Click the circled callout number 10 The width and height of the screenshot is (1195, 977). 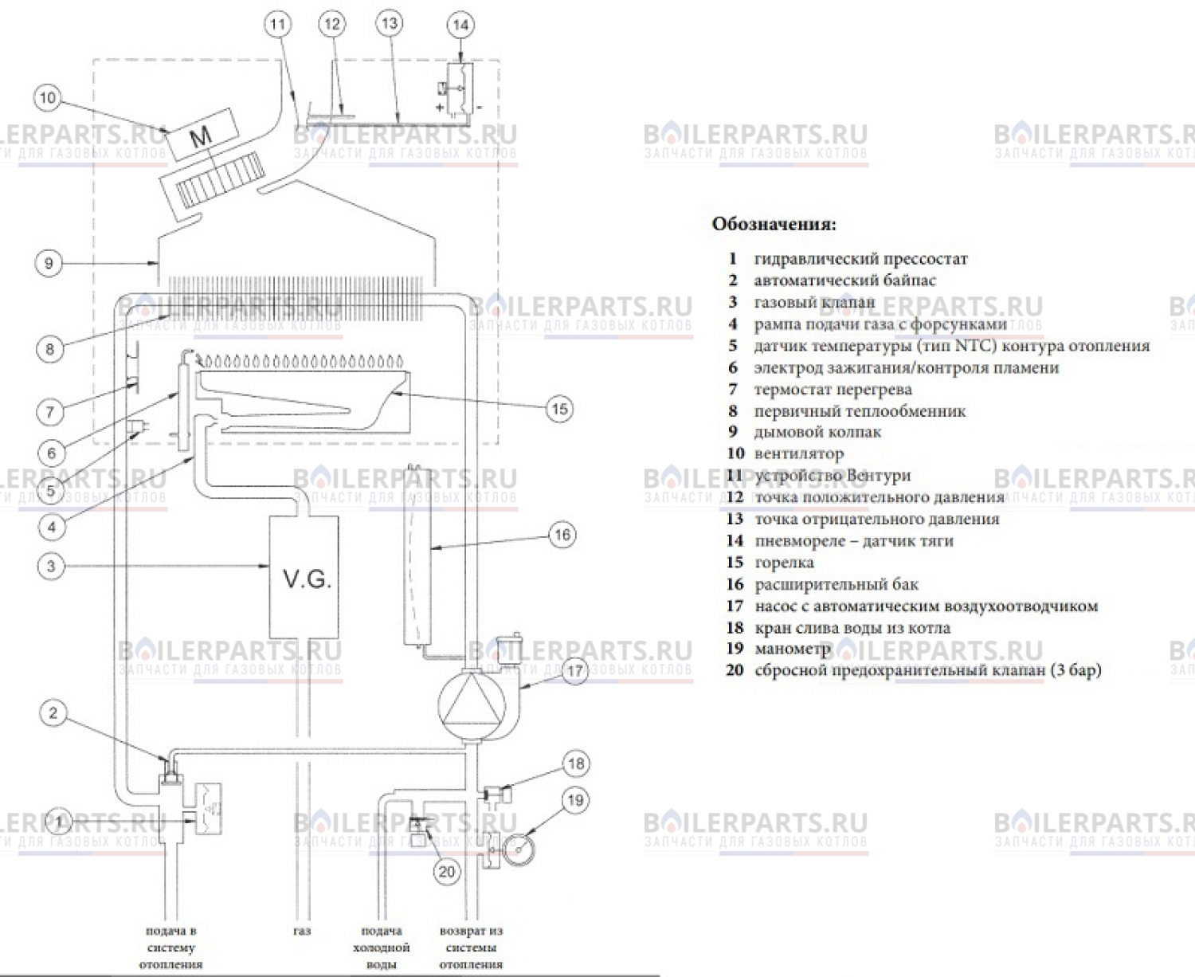[47, 98]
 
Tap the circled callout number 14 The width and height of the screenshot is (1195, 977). [460, 26]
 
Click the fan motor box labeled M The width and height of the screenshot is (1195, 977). [202, 135]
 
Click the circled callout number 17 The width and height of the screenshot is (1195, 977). [575, 671]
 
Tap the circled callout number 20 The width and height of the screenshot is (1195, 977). [447, 872]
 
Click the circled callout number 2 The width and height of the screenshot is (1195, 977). [53, 712]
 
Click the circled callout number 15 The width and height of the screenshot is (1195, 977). [559, 409]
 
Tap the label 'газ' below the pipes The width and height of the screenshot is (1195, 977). [302, 931]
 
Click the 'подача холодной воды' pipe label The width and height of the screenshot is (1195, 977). [381, 948]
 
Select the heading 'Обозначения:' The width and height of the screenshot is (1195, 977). [774, 224]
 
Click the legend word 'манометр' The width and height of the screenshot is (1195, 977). [792, 649]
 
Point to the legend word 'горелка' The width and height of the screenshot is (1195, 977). [784, 563]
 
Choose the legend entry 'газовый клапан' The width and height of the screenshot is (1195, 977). [813, 302]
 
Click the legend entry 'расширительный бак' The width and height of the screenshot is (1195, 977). [836, 584]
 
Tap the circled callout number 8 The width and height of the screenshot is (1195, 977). [50, 348]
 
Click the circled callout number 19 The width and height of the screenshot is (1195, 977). [575, 800]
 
